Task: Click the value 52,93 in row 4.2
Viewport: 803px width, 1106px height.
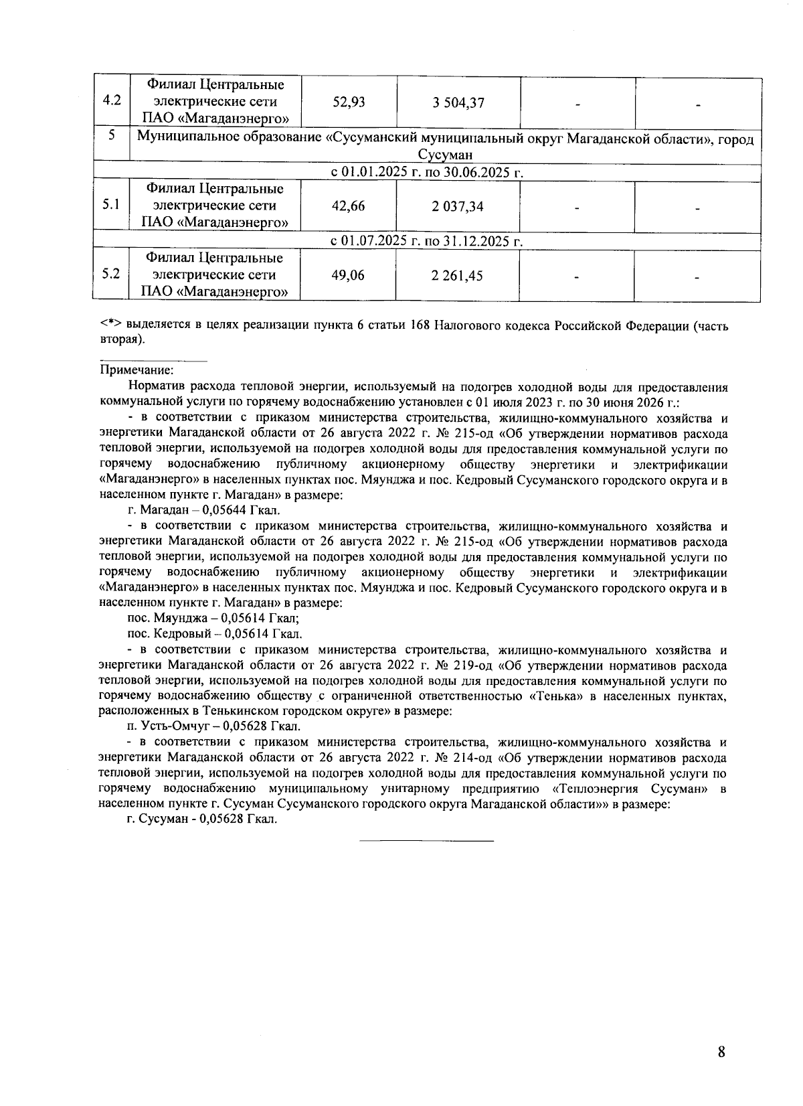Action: tap(349, 102)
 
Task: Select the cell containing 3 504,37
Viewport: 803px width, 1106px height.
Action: tap(458, 102)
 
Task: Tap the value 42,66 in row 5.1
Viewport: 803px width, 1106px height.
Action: tap(349, 206)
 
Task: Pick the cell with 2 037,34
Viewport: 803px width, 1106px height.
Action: tap(458, 206)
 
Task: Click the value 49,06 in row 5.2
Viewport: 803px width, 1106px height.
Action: tap(349, 275)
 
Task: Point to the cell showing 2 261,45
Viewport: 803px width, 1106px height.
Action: tap(458, 275)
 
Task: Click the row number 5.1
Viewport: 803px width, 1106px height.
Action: tap(111, 205)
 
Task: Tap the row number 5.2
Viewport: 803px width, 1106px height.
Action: tap(111, 274)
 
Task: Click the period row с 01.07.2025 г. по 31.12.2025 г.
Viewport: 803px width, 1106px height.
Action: tap(427, 241)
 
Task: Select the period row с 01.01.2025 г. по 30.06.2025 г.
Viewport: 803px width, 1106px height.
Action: tap(427, 172)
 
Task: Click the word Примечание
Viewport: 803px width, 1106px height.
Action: tap(137, 370)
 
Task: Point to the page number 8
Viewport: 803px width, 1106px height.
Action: tap(721, 1052)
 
